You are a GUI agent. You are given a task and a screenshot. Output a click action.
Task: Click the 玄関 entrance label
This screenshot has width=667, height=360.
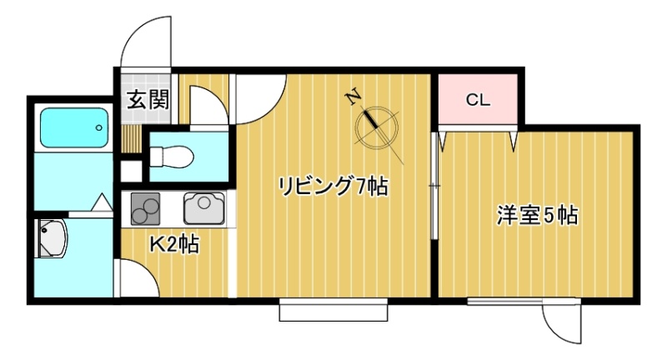pyautogui.click(x=148, y=100)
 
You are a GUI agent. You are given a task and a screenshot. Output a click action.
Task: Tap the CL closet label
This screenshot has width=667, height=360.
pyautogui.click(x=478, y=100)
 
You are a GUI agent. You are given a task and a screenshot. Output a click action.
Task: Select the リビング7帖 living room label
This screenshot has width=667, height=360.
pyautogui.click(x=333, y=186)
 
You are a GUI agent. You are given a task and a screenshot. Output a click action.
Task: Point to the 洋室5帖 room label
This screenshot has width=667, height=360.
pyautogui.click(x=538, y=215)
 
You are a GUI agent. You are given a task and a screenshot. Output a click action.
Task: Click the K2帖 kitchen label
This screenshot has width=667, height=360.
pyautogui.click(x=173, y=244)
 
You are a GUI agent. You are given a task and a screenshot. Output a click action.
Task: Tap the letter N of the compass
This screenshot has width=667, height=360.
pyautogui.click(x=354, y=98)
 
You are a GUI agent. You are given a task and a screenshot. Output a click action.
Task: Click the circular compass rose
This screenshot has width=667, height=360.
pyautogui.click(x=377, y=128)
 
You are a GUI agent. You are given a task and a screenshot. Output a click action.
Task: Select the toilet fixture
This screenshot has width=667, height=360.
pyautogui.click(x=172, y=157)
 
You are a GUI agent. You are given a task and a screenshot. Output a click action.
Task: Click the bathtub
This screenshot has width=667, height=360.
pyautogui.click(x=74, y=128)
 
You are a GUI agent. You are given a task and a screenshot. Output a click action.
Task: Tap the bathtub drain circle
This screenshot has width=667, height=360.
pyautogui.click(x=99, y=127)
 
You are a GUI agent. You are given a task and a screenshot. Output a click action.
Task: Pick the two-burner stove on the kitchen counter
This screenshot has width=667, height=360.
pyautogui.click(x=145, y=208)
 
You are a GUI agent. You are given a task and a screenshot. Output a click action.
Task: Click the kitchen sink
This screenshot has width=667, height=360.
pyautogui.click(x=204, y=208)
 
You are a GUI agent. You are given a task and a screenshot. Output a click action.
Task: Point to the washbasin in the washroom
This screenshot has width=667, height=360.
pyautogui.click(x=52, y=238)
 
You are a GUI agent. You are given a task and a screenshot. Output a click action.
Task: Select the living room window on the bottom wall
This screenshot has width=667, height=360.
pyautogui.click(x=333, y=310)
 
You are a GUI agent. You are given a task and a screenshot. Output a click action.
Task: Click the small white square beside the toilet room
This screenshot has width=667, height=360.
pyautogui.click(x=131, y=171)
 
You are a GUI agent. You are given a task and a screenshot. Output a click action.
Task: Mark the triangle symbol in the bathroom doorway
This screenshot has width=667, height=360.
pyautogui.click(x=102, y=202)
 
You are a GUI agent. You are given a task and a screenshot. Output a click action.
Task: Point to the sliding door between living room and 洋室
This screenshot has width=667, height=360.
pyautogui.click(x=434, y=186)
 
